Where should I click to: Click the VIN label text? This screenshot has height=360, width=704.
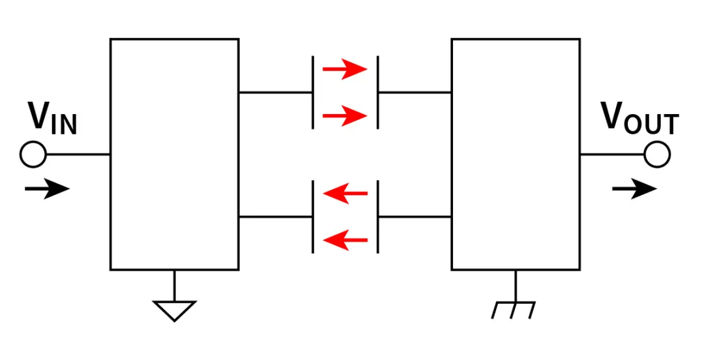52,119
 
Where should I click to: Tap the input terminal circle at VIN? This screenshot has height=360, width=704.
33,155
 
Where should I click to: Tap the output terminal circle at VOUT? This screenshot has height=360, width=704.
656,155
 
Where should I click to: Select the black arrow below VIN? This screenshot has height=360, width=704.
47,189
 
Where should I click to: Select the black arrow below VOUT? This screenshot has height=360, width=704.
634,189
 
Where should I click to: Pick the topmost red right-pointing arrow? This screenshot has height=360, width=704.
345,68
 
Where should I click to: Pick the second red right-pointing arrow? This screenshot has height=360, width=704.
345,117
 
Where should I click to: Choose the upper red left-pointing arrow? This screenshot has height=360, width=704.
345,193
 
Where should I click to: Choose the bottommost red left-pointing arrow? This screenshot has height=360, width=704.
345,241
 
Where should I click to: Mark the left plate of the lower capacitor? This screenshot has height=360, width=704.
313,217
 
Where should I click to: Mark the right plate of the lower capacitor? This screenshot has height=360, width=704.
378,217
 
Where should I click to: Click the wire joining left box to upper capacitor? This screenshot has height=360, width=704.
275,93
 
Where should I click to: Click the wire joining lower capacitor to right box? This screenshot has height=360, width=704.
415,217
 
